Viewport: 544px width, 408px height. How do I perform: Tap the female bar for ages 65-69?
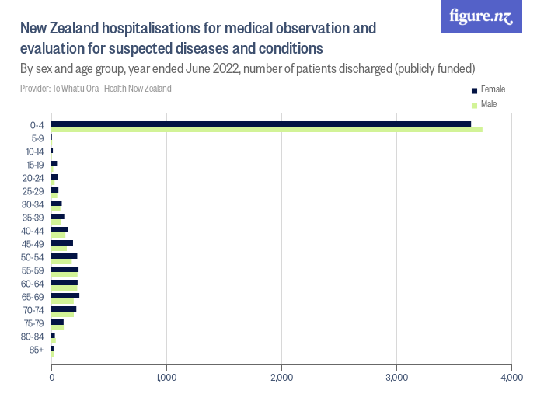[x=65, y=295]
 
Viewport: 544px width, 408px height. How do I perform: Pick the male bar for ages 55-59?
[x=65, y=274]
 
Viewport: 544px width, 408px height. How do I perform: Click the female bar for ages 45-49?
[x=62, y=242]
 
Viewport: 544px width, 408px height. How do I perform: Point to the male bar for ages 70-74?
[x=63, y=314]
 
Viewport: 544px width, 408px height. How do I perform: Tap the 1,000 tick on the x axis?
[x=166, y=378]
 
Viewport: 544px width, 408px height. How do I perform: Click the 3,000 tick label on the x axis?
[x=396, y=378]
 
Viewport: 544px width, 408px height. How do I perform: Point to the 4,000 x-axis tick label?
[x=511, y=378]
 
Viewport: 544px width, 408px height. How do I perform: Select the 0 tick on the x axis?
[x=52, y=378]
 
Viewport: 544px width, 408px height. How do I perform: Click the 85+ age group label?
[x=37, y=350]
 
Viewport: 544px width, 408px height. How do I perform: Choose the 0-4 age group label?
[x=37, y=125]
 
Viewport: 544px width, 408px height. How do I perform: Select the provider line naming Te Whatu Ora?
[x=96, y=89]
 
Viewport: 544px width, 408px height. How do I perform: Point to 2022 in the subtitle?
[x=223, y=68]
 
